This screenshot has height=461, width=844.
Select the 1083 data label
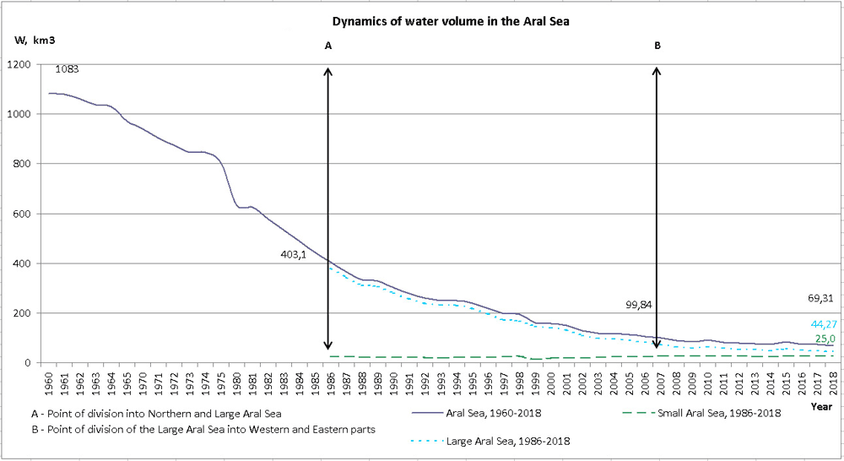coord(67,69)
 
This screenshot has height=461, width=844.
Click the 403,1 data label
coord(295,253)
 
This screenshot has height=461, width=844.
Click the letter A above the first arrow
coord(328,47)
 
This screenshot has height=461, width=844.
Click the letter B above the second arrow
coord(657,47)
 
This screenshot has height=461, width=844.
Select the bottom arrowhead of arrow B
coord(657,344)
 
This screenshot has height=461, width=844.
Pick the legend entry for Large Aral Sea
coord(498,440)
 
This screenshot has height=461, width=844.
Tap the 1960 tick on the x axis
coord(50,384)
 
